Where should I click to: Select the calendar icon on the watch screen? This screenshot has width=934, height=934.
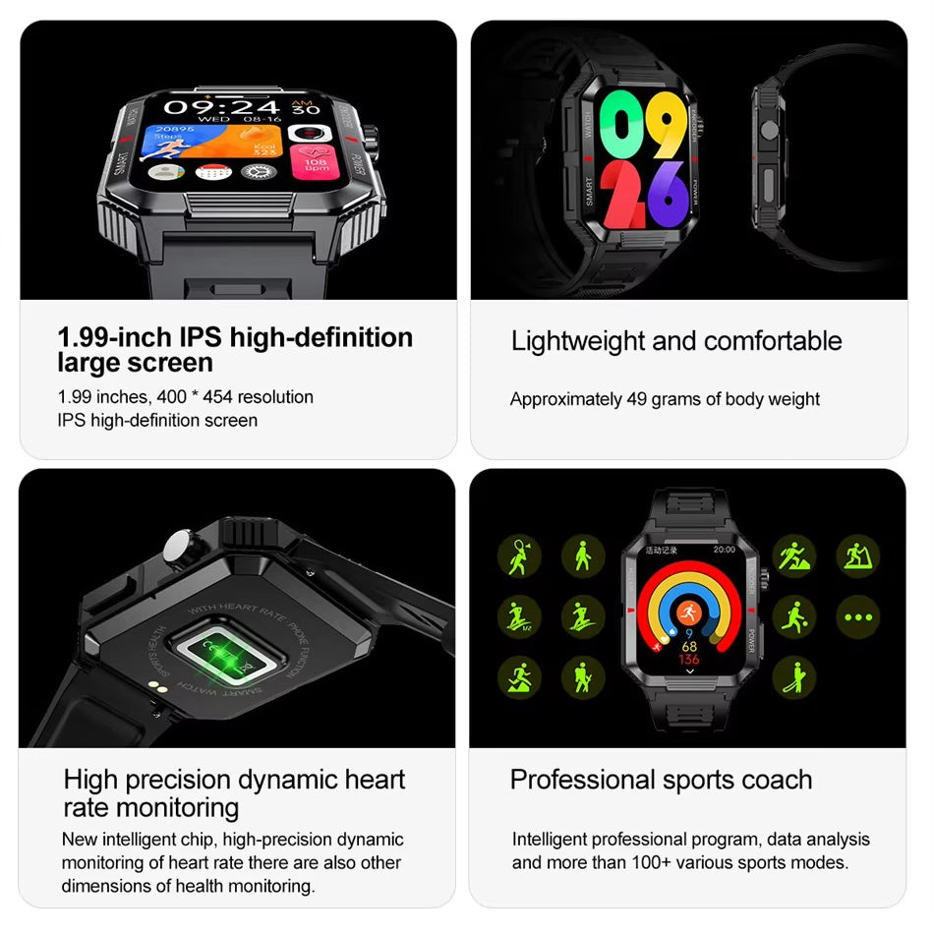[212, 173]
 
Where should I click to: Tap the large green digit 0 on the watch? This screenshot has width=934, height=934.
[620, 124]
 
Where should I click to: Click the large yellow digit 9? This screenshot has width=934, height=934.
[666, 124]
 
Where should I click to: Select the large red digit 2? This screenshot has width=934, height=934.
[620, 194]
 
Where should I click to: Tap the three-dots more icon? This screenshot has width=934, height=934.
[857, 618]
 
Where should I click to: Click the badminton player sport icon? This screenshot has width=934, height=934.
[518, 556]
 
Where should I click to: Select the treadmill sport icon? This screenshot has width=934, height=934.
[857, 556]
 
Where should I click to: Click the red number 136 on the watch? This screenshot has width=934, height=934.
[689, 660]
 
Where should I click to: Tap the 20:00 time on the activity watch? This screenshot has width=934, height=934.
[724, 550]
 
